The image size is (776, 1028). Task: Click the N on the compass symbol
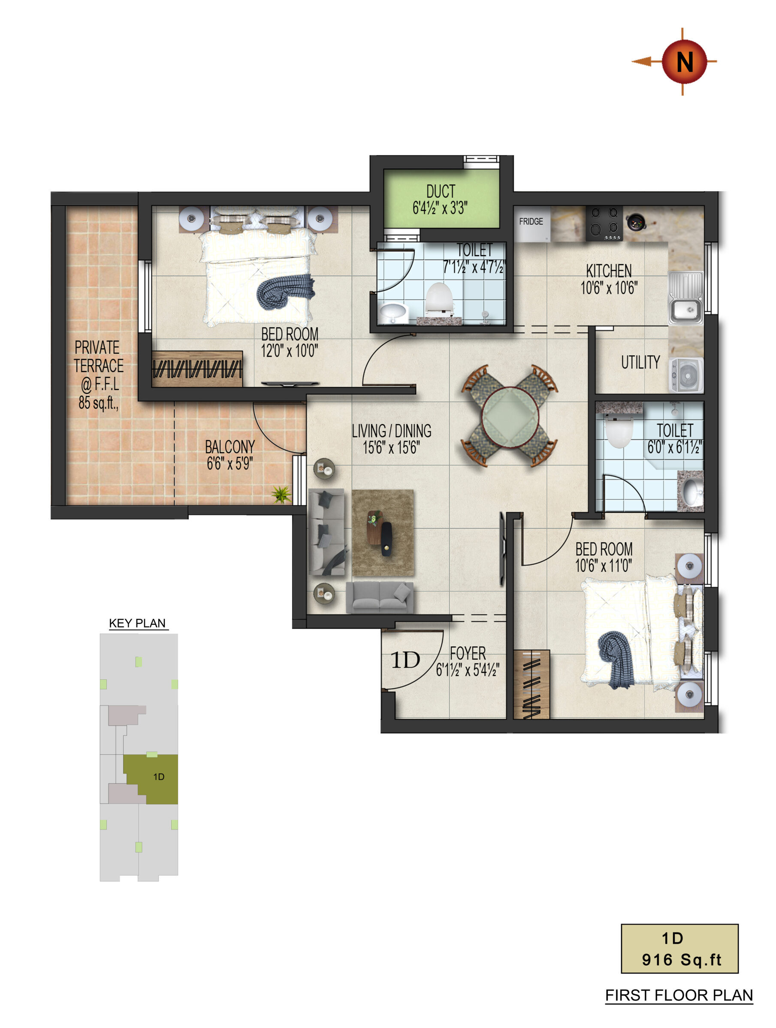tap(684, 62)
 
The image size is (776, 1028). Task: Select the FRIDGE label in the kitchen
tap(531, 221)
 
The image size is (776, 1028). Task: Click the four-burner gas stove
tap(604, 223)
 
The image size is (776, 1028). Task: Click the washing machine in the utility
tap(686, 375)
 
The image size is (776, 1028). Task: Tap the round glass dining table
tap(510, 416)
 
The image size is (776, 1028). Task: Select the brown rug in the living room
tap(382, 533)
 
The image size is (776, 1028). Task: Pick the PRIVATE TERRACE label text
tap(99, 356)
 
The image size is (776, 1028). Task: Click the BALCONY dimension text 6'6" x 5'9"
tap(229, 463)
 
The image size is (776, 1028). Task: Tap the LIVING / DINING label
tap(392, 431)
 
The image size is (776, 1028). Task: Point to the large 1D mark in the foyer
tap(405, 660)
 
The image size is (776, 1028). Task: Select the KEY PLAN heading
tap(137, 623)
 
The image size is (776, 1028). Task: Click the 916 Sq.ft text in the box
tap(682, 960)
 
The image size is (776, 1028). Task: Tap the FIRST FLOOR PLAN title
tap(679, 995)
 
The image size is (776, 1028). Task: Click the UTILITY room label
tap(640, 362)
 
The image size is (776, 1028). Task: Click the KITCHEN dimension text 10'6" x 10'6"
tap(609, 288)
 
